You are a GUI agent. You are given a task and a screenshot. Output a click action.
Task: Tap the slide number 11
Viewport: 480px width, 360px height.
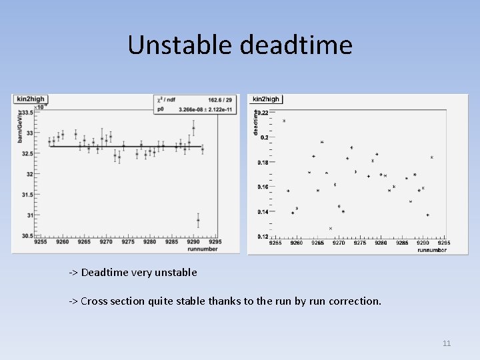[447, 343]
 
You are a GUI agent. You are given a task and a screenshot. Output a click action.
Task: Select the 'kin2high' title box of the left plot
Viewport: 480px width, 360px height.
[29, 99]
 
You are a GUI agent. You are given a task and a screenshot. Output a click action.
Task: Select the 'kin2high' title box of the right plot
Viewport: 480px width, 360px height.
[267, 99]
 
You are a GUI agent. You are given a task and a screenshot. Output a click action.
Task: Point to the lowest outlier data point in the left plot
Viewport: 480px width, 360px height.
[198, 220]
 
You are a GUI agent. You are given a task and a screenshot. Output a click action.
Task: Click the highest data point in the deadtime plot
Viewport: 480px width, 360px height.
[284, 121]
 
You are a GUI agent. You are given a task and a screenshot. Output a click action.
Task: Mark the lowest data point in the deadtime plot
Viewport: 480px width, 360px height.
[330, 229]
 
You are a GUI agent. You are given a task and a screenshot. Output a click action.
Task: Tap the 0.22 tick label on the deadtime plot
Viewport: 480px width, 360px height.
[263, 113]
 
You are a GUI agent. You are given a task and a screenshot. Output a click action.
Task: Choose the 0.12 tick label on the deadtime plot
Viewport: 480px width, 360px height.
[263, 237]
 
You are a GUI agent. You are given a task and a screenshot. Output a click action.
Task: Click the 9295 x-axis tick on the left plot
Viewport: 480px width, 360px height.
[215, 242]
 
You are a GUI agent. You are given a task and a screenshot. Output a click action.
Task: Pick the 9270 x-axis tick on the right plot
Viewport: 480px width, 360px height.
[339, 243]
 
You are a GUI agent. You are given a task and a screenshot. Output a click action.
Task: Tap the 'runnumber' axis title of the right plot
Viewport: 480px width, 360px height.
[432, 250]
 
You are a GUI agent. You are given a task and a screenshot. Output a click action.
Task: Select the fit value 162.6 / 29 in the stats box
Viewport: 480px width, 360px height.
[220, 100]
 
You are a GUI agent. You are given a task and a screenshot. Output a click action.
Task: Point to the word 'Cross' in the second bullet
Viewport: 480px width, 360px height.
[94, 301]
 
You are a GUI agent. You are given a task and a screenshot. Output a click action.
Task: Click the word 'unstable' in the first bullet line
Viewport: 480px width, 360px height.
[175, 273]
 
